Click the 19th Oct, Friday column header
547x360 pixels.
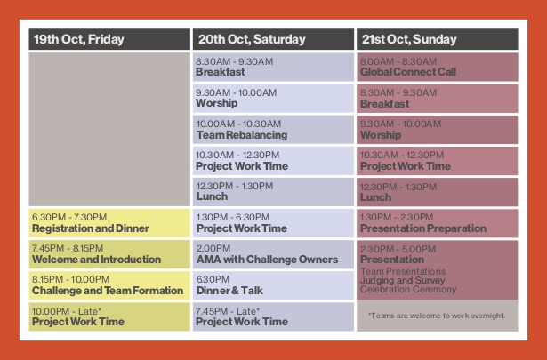79,39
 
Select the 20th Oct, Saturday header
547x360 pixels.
252,39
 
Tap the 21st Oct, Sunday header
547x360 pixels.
409,39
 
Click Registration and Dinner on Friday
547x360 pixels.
91,228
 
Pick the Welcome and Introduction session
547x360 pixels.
96,260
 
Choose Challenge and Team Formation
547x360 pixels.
108,291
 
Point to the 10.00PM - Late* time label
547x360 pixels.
67,311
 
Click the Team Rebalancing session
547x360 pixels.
242,135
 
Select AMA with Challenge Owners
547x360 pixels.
267,260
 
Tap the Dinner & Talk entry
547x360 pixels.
229,291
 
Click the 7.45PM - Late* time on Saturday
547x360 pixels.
228,311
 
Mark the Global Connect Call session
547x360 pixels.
408,72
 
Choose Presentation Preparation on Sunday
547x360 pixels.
423,228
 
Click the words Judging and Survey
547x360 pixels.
403,281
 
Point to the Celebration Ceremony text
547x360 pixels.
408,289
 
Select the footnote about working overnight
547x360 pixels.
437,316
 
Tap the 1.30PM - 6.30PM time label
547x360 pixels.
233,218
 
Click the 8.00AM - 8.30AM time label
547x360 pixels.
398,62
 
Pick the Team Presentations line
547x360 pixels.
403,271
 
